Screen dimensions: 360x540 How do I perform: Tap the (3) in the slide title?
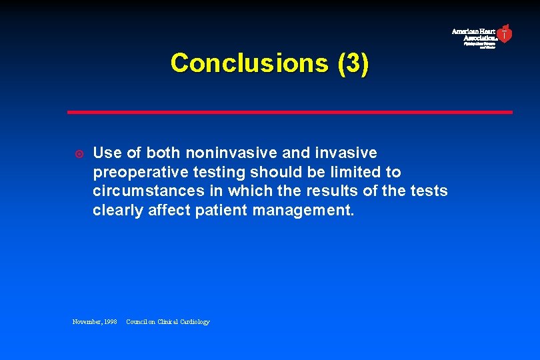point(353,63)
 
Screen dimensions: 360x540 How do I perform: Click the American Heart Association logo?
point(481,36)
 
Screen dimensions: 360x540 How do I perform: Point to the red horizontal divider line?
point(289,112)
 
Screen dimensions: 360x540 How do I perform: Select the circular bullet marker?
point(78,153)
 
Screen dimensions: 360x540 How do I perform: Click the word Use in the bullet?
point(107,153)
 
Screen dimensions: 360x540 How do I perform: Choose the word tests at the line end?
point(429,191)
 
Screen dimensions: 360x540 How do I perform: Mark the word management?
point(307,211)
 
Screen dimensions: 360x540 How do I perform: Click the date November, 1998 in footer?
point(95,322)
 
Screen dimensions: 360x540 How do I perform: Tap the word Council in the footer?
point(137,322)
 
